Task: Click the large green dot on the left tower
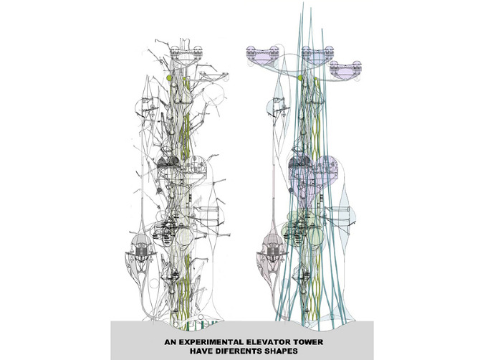(170, 77)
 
